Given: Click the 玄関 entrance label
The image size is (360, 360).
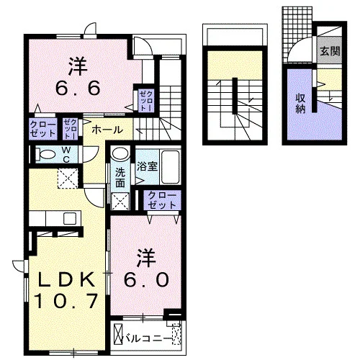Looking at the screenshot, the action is (x=330, y=50).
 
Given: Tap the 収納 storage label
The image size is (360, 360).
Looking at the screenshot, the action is (x=300, y=104).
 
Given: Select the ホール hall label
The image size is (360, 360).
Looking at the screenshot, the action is (x=107, y=130).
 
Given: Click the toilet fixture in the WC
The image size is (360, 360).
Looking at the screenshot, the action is (x=45, y=154).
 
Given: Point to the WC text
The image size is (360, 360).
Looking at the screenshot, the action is (x=66, y=155).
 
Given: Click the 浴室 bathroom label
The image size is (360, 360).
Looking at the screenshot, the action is (x=147, y=166).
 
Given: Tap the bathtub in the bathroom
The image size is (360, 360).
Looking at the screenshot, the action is (x=170, y=167).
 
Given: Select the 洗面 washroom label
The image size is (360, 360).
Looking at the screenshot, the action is (x=120, y=178).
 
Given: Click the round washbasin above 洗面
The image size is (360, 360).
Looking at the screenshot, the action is (x=120, y=153).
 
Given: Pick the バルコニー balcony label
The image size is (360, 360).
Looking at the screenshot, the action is (x=147, y=339).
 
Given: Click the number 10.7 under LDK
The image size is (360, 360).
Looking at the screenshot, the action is (x=66, y=301).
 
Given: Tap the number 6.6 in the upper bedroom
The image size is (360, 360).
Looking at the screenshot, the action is (x=78, y=88).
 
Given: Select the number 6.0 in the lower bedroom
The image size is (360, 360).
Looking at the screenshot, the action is (x=146, y=280).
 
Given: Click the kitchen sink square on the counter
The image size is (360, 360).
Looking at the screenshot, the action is (x=70, y=218).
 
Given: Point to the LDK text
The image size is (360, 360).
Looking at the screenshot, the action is (x=66, y=279).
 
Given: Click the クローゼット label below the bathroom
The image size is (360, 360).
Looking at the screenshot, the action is (x=162, y=200).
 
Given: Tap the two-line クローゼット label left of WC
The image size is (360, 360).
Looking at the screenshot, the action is (x=43, y=129).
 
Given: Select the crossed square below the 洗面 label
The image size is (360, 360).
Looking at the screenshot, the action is (x=120, y=201).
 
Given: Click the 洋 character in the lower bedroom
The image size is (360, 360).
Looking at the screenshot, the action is (x=145, y=258).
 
